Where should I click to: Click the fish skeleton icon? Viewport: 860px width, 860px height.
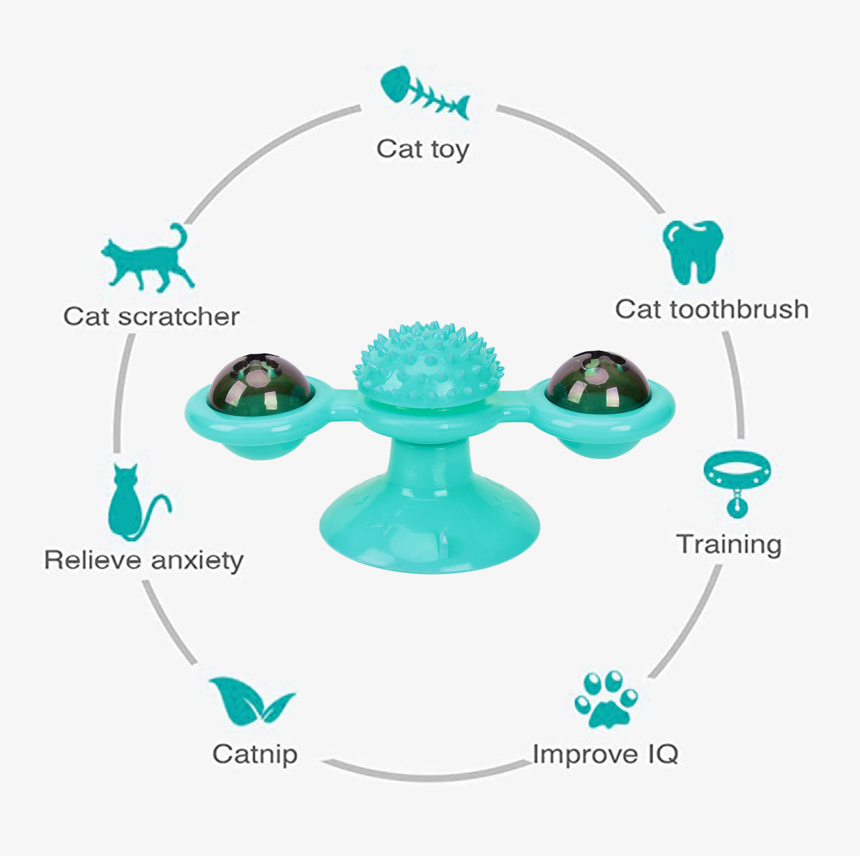425,93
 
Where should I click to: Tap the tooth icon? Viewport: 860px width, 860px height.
693,251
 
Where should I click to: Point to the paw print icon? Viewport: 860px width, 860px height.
607,700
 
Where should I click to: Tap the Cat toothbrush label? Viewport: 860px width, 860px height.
712,310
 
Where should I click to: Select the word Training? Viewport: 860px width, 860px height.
729,545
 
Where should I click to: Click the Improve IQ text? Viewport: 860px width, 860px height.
605,754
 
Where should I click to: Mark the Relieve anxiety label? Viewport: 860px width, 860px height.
144,561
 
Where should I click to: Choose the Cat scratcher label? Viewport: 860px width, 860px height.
151,316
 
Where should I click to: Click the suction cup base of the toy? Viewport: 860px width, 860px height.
430,527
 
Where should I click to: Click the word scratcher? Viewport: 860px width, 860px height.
178,316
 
